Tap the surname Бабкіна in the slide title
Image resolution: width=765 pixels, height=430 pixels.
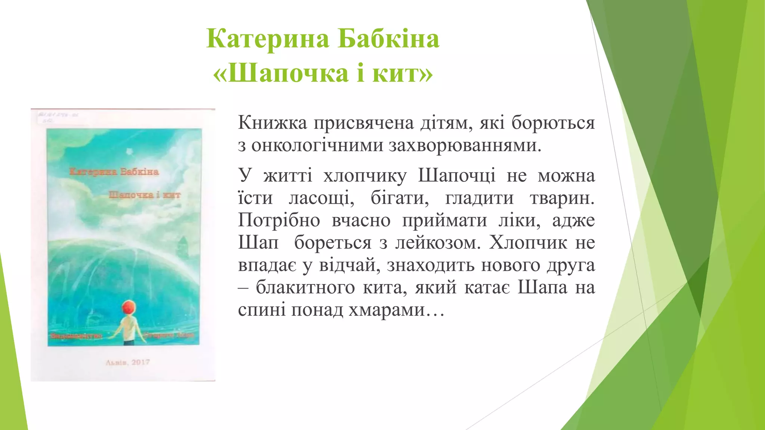tap(388, 38)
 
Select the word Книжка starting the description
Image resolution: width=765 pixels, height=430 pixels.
tap(272, 122)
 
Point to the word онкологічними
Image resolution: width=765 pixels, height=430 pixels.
tap(317, 145)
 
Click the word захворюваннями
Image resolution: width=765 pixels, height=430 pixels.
tap(465, 145)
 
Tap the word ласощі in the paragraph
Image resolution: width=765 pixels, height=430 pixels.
tap(321, 198)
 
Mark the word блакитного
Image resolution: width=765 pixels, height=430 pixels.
tap(305, 287)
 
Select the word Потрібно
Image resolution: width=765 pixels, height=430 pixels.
tap(279, 220)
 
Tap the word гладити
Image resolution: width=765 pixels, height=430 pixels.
tap(479, 198)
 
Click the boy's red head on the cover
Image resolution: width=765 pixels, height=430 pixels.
tap(128, 308)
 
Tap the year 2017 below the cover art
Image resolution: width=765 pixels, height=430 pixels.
tap(140, 362)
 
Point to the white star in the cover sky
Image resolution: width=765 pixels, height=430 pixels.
tap(130, 152)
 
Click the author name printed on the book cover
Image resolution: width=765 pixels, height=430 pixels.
tap(114, 172)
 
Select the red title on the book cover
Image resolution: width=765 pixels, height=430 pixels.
tap(145, 195)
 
